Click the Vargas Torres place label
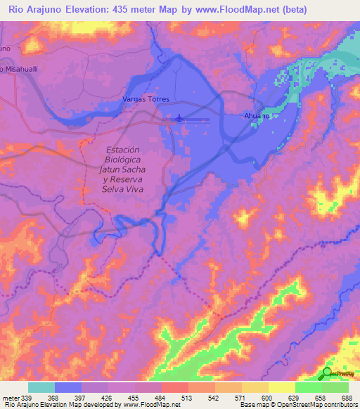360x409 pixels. pos(146,100)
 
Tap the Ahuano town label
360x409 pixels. pos(257,116)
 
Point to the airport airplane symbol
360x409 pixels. pos(179,119)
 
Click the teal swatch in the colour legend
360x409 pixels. pos(41,387)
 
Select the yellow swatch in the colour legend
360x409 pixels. pos(282,387)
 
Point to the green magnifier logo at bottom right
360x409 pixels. pos(328,374)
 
